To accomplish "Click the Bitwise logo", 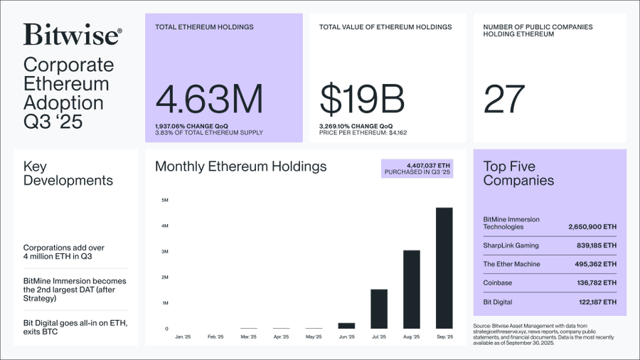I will (72, 35).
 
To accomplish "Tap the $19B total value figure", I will (362, 100).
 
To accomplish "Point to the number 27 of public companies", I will (504, 100).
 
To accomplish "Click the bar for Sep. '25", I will (444, 268).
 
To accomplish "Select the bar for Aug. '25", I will (411, 289).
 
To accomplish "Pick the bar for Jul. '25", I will (379, 308).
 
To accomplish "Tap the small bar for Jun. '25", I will (346, 325).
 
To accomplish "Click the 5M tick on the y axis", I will (164, 200).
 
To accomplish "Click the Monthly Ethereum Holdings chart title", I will (240, 166).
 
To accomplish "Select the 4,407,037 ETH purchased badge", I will (417, 168).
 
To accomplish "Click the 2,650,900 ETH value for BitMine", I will (592, 227).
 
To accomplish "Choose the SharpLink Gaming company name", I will (511, 245).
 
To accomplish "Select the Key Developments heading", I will (68, 173).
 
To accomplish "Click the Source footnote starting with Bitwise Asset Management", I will (548, 333).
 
